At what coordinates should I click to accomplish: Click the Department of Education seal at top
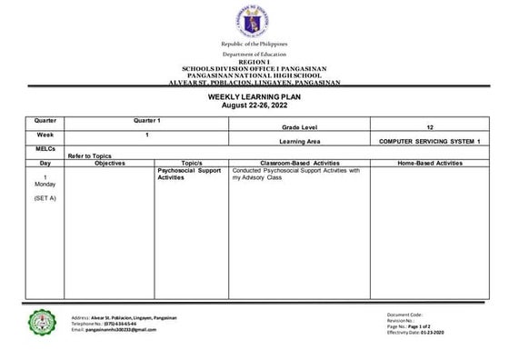point(254,21)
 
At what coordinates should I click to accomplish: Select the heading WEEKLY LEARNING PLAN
point(254,96)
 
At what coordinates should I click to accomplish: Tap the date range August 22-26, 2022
point(254,105)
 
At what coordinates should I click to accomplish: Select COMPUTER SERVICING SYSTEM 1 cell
point(428,143)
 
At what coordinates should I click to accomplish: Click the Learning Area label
point(302,143)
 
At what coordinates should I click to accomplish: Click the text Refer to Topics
point(89,156)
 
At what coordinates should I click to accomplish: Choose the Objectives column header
point(109,163)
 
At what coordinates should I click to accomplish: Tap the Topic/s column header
point(191,163)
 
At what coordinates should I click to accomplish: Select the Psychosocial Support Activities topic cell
point(189,174)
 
